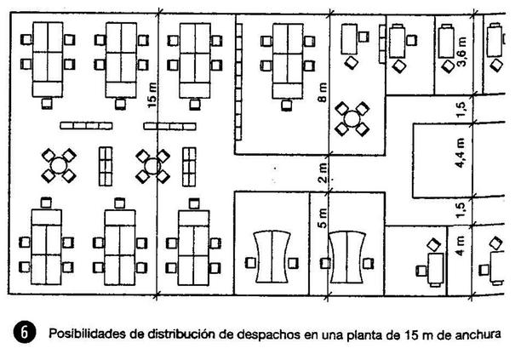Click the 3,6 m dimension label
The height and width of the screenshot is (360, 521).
coord(461,52)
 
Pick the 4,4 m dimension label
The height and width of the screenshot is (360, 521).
coord(461,155)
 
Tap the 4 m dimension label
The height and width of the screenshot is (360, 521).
coord(461,249)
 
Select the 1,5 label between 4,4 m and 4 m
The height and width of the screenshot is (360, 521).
coord(461,209)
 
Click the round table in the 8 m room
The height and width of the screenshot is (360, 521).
coord(352,118)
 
